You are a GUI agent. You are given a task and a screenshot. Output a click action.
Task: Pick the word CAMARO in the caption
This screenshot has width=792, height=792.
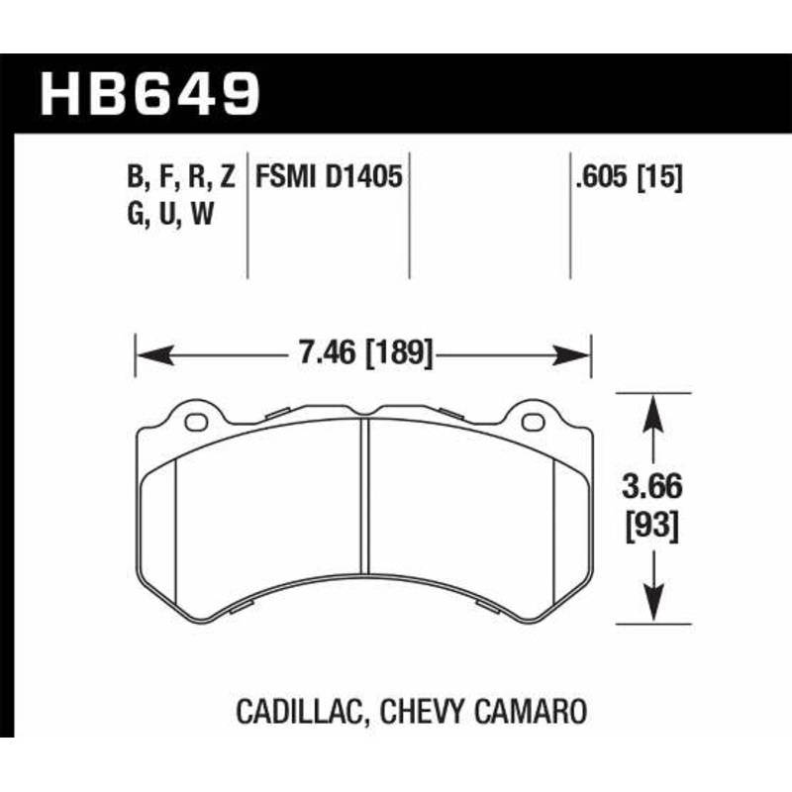pyautogui.click(x=537, y=711)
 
